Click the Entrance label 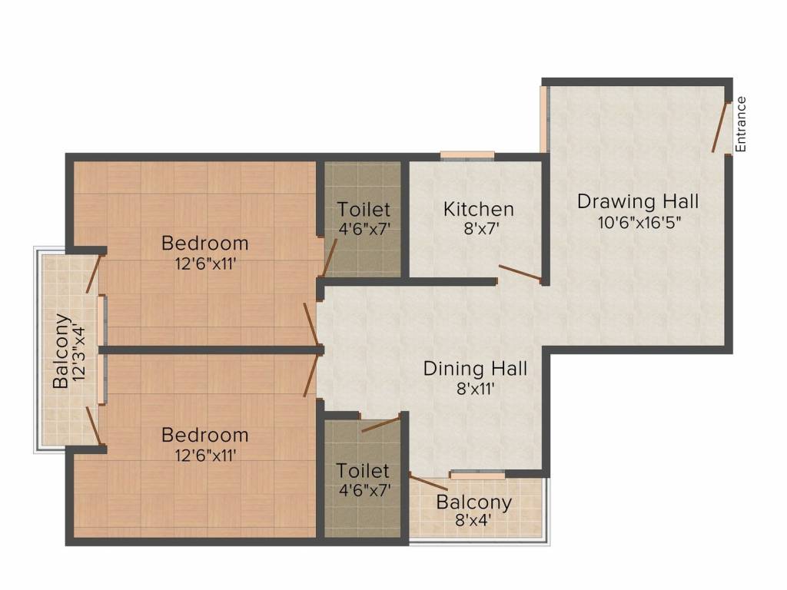[741, 124]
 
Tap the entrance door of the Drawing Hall [720, 127]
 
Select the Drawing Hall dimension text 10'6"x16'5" [639, 222]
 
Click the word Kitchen [478, 209]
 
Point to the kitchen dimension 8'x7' [481, 229]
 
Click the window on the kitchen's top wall [467, 155]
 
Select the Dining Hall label [475, 368]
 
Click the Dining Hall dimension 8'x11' [476, 388]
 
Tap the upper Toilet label [364, 209]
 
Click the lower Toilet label [363, 471]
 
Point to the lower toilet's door [381, 424]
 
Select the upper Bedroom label [204, 244]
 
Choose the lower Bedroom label [204, 435]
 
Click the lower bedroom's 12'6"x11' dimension [205, 455]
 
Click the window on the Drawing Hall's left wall [544, 119]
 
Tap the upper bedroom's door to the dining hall [312, 324]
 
